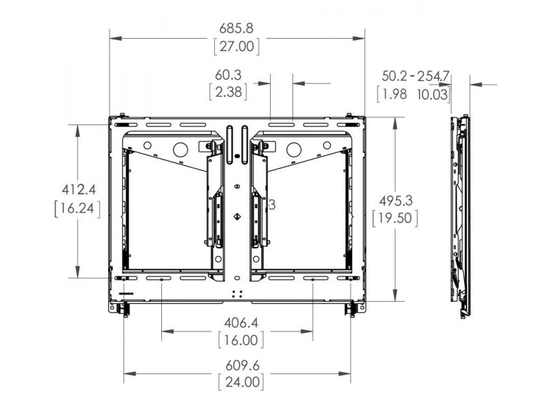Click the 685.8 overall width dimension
[236, 29]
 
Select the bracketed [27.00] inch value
[236, 46]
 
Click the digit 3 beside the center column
[272, 204]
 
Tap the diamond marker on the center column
[237, 218]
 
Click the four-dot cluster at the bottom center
[237, 294]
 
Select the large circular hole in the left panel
[180, 149]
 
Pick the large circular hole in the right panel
[293, 149]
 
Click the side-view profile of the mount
[461, 214]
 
